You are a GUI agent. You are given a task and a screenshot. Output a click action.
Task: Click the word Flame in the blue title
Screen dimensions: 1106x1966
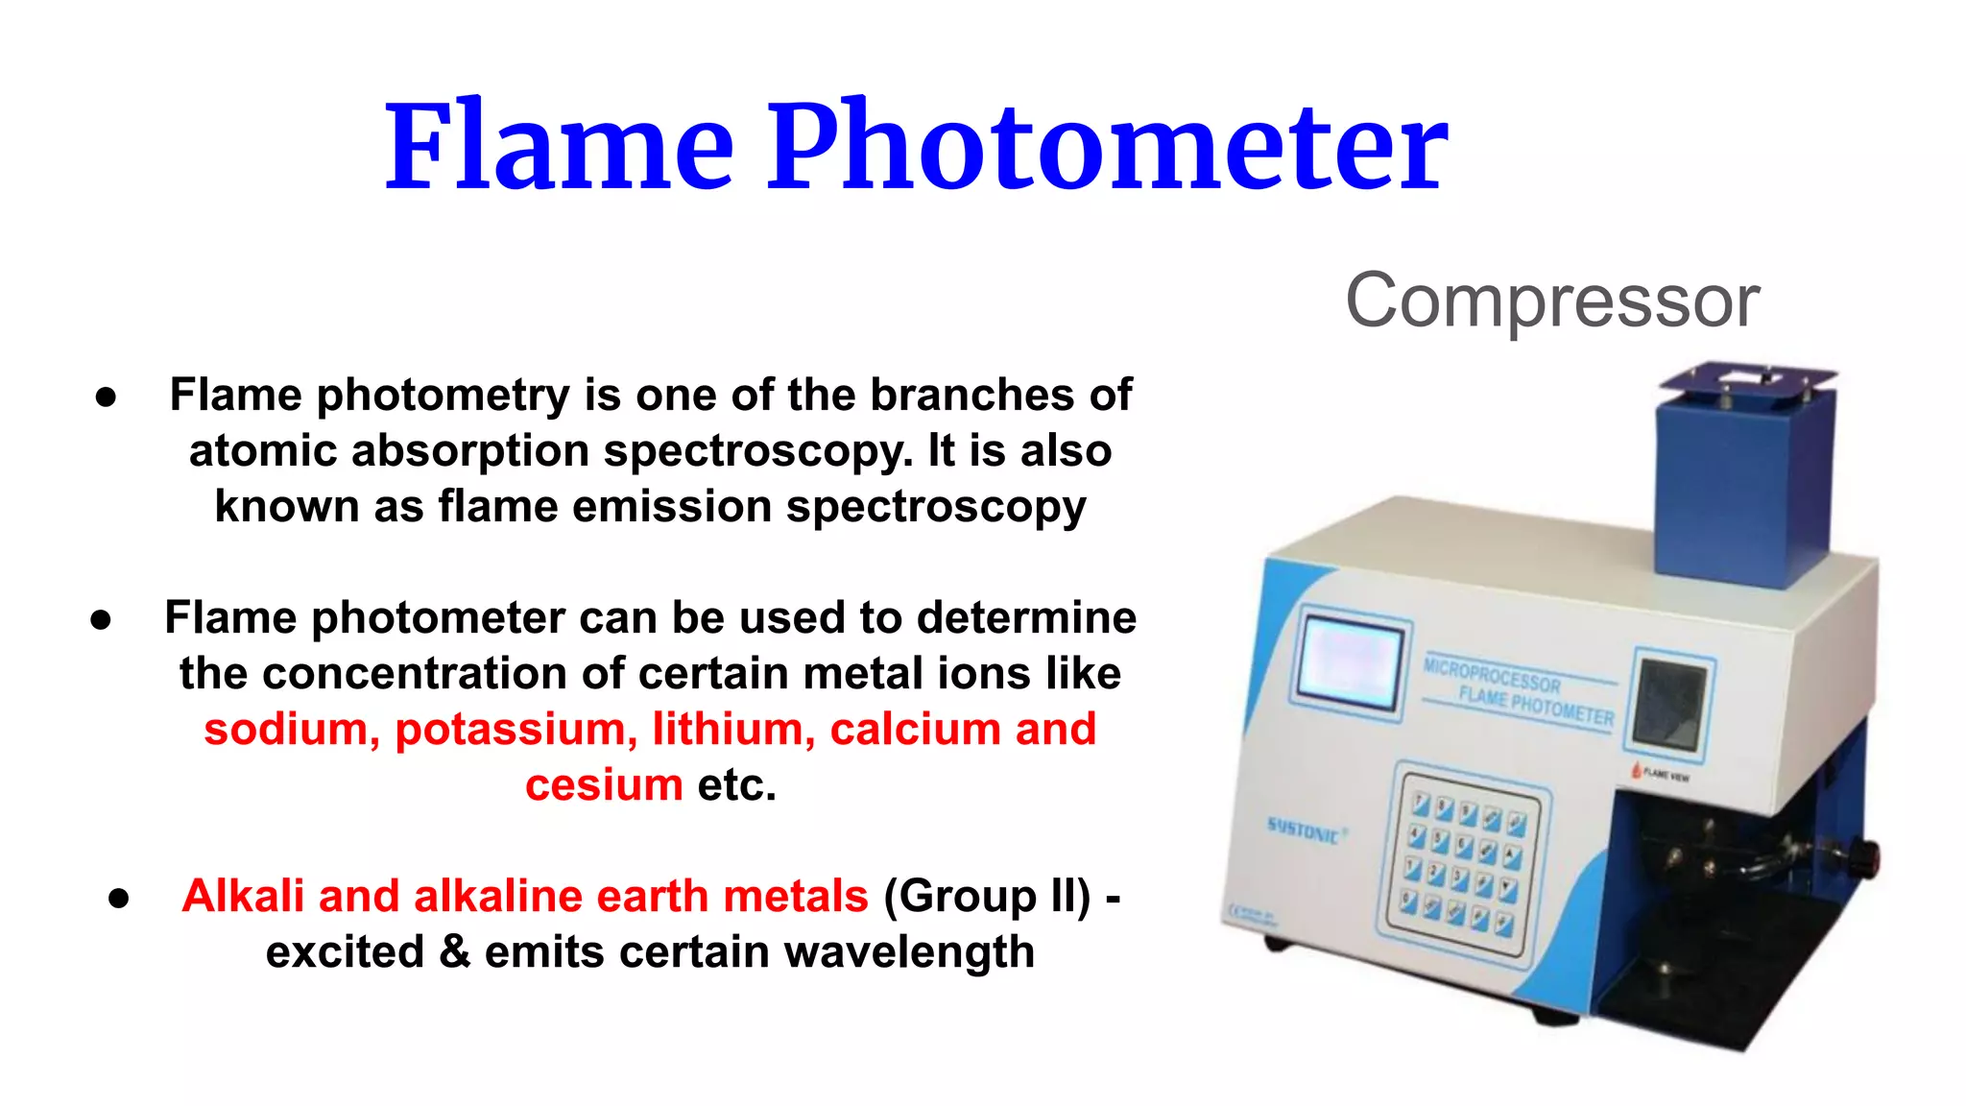[560, 146]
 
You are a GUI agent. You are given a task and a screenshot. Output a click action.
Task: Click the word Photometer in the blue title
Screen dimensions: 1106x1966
[1107, 146]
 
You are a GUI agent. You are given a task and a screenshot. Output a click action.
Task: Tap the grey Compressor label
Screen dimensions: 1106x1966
[1552, 301]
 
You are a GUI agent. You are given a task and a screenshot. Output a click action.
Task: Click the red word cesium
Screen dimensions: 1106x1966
[604, 785]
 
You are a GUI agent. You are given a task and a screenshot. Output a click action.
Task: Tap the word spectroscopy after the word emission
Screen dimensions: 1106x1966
[936, 508]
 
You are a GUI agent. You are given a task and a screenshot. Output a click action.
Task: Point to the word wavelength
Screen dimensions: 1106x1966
[909, 953]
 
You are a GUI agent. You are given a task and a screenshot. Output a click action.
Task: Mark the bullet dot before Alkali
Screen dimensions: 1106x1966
[119, 899]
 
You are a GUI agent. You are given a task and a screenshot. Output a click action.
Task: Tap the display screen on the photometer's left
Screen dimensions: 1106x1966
[1350, 663]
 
